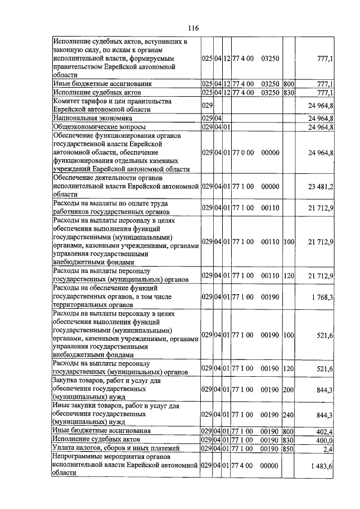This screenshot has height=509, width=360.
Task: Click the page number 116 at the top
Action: [194, 29]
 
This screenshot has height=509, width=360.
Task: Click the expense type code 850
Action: [289, 448]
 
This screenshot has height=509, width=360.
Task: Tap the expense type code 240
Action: [289, 415]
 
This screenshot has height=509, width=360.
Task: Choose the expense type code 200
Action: [289, 389]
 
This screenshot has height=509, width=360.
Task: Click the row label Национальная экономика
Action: [92, 119]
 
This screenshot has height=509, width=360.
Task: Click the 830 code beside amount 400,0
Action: [289, 439]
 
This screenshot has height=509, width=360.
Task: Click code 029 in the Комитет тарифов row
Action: [206, 106]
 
